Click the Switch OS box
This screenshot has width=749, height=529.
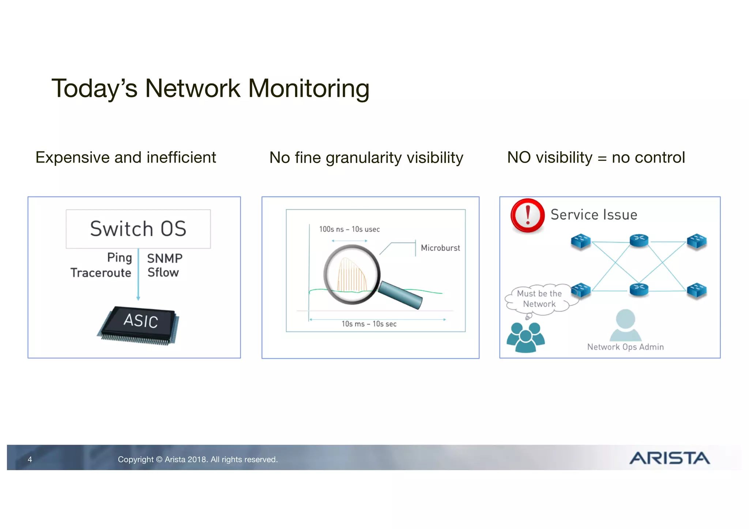tap(138, 229)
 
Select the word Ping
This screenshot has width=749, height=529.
tap(119, 258)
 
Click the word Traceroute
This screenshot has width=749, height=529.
tap(101, 273)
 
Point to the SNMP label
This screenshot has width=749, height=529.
tap(165, 258)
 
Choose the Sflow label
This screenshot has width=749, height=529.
tap(163, 273)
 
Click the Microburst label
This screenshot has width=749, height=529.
tap(440, 248)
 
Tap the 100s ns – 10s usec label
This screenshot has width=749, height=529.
tap(349, 229)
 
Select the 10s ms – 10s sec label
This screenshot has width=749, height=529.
tap(369, 324)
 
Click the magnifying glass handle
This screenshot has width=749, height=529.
tap(400, 295)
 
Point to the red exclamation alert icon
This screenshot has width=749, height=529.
tap(527, 216)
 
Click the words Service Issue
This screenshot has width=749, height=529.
tap(594, 215)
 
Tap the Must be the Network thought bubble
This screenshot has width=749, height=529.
tap(539, 299)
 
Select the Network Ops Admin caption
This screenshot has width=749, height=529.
tap(625, 347)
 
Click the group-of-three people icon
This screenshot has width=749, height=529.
tap(526, 337)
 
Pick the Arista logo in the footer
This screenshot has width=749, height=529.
tap(669, 458)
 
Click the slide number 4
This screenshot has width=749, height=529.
tap(30, 460)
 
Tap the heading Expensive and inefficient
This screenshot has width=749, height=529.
tap(126, 157)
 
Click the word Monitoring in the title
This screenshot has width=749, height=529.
tap(309, 88)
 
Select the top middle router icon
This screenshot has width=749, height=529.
tap(639, 240)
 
